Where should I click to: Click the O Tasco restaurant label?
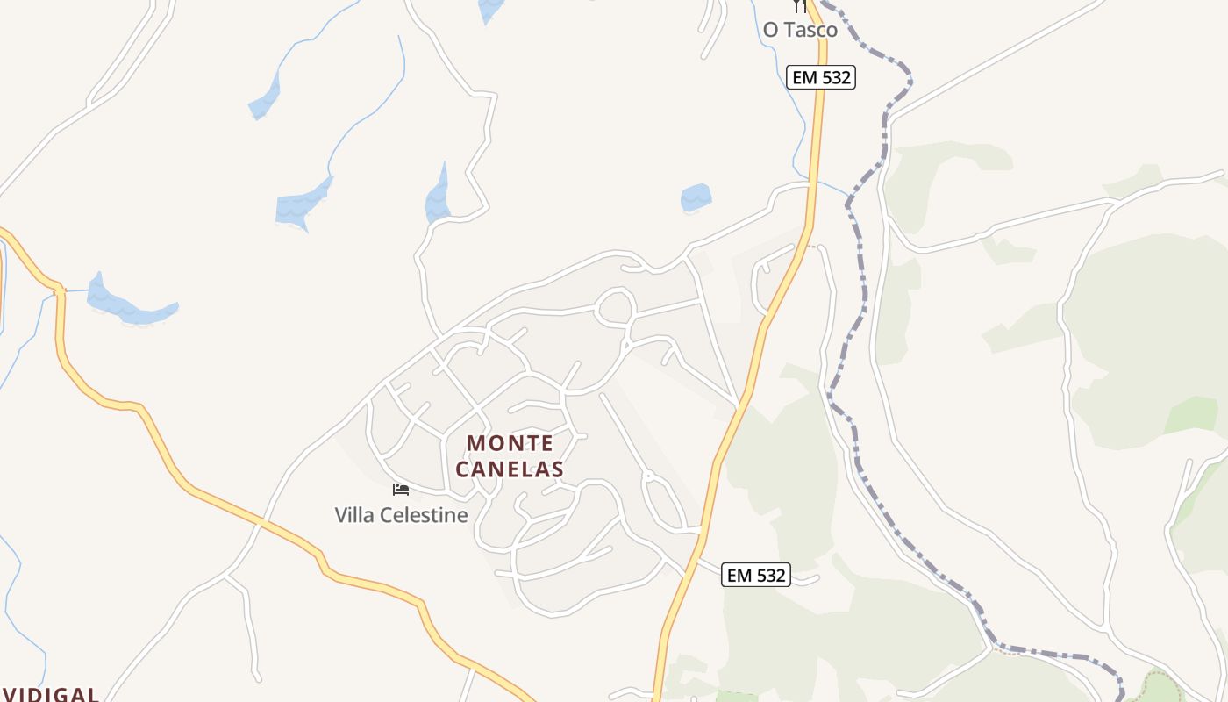coord(800,30)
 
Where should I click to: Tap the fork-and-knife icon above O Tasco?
coord(799,6)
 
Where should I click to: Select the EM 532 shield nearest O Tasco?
coord(820,77)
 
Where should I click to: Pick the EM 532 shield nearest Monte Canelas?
coord(756,576)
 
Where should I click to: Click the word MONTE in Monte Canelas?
coord(510,443)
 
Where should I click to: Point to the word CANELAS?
coord(510,469)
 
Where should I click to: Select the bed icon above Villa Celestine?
coord(401,490)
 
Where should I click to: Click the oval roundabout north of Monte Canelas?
coord(615,307)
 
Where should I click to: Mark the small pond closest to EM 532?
coord(696,197)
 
